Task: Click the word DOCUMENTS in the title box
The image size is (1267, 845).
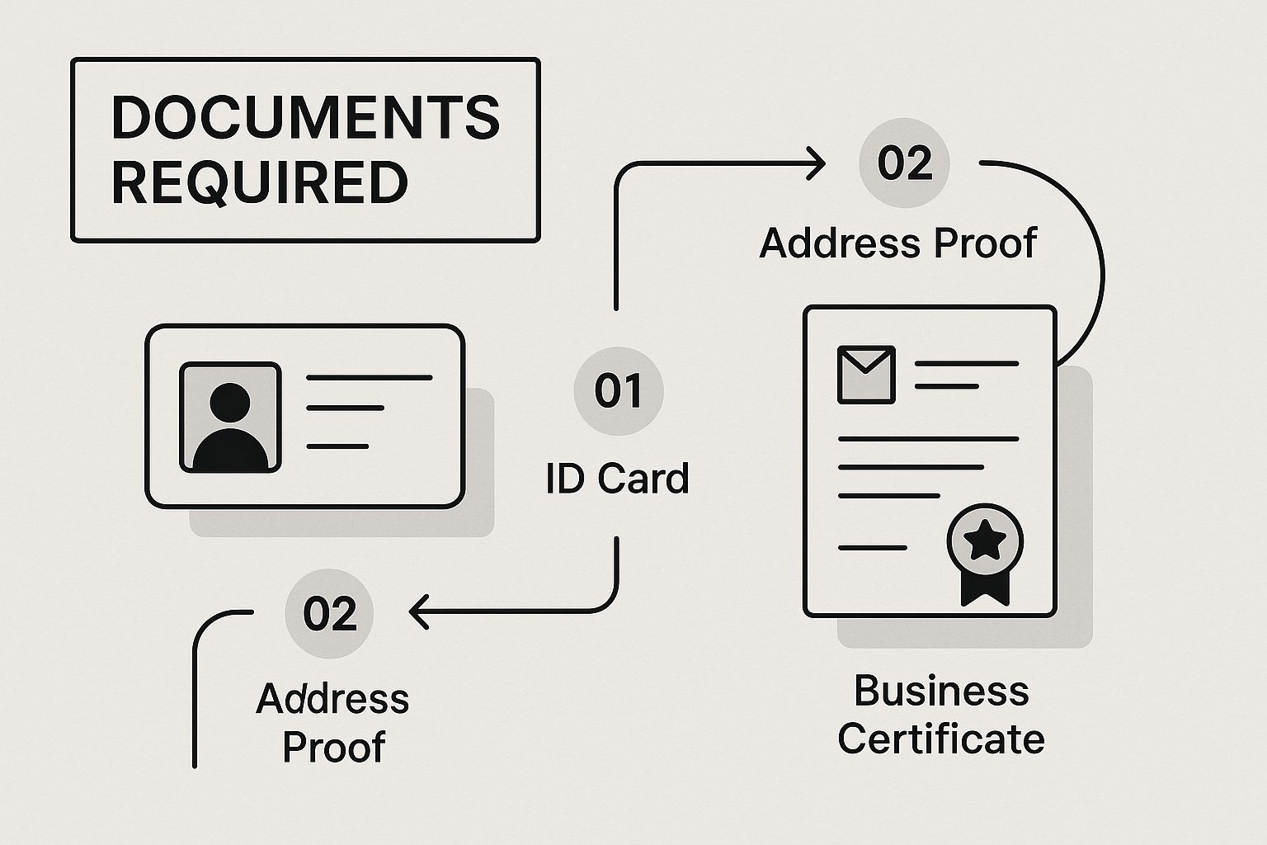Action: (306, 117)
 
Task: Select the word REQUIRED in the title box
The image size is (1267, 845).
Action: (260, 182)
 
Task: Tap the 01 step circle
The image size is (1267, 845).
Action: (618, 391)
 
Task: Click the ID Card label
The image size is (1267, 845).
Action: (617, 479)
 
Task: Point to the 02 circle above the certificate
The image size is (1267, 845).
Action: (904, 163)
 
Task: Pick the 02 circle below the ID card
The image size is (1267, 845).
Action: (329, 613)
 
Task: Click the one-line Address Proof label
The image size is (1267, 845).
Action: (898, 243)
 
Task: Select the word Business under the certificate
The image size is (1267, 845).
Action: (941, 691)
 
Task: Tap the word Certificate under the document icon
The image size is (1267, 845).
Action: (941, 739)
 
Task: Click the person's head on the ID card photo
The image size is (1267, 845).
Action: (229, 403)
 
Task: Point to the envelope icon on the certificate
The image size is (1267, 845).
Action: (866, 375)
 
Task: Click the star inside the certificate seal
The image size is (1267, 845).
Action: (985, 540)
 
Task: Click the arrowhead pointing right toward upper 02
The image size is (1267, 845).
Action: (816, 163)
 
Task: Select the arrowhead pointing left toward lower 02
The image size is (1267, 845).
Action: (419, 611)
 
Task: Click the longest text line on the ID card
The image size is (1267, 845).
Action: (370, 377)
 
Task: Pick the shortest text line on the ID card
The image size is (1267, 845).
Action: (337, 446)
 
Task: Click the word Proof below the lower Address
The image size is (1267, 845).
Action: (334, 747)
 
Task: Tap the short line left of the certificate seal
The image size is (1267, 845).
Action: (873, 548)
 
